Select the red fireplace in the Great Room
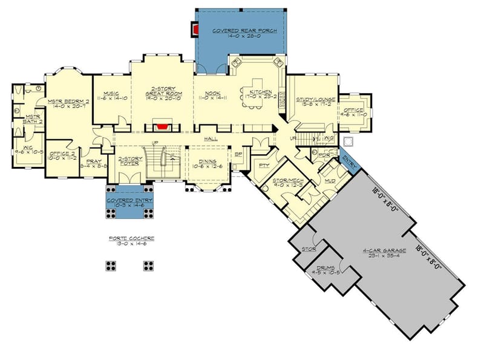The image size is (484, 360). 160,126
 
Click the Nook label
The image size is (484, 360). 212,94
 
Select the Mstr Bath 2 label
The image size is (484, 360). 28,118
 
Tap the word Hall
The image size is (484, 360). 211,139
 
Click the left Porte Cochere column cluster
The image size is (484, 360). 111,265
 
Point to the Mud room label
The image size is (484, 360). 329,181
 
